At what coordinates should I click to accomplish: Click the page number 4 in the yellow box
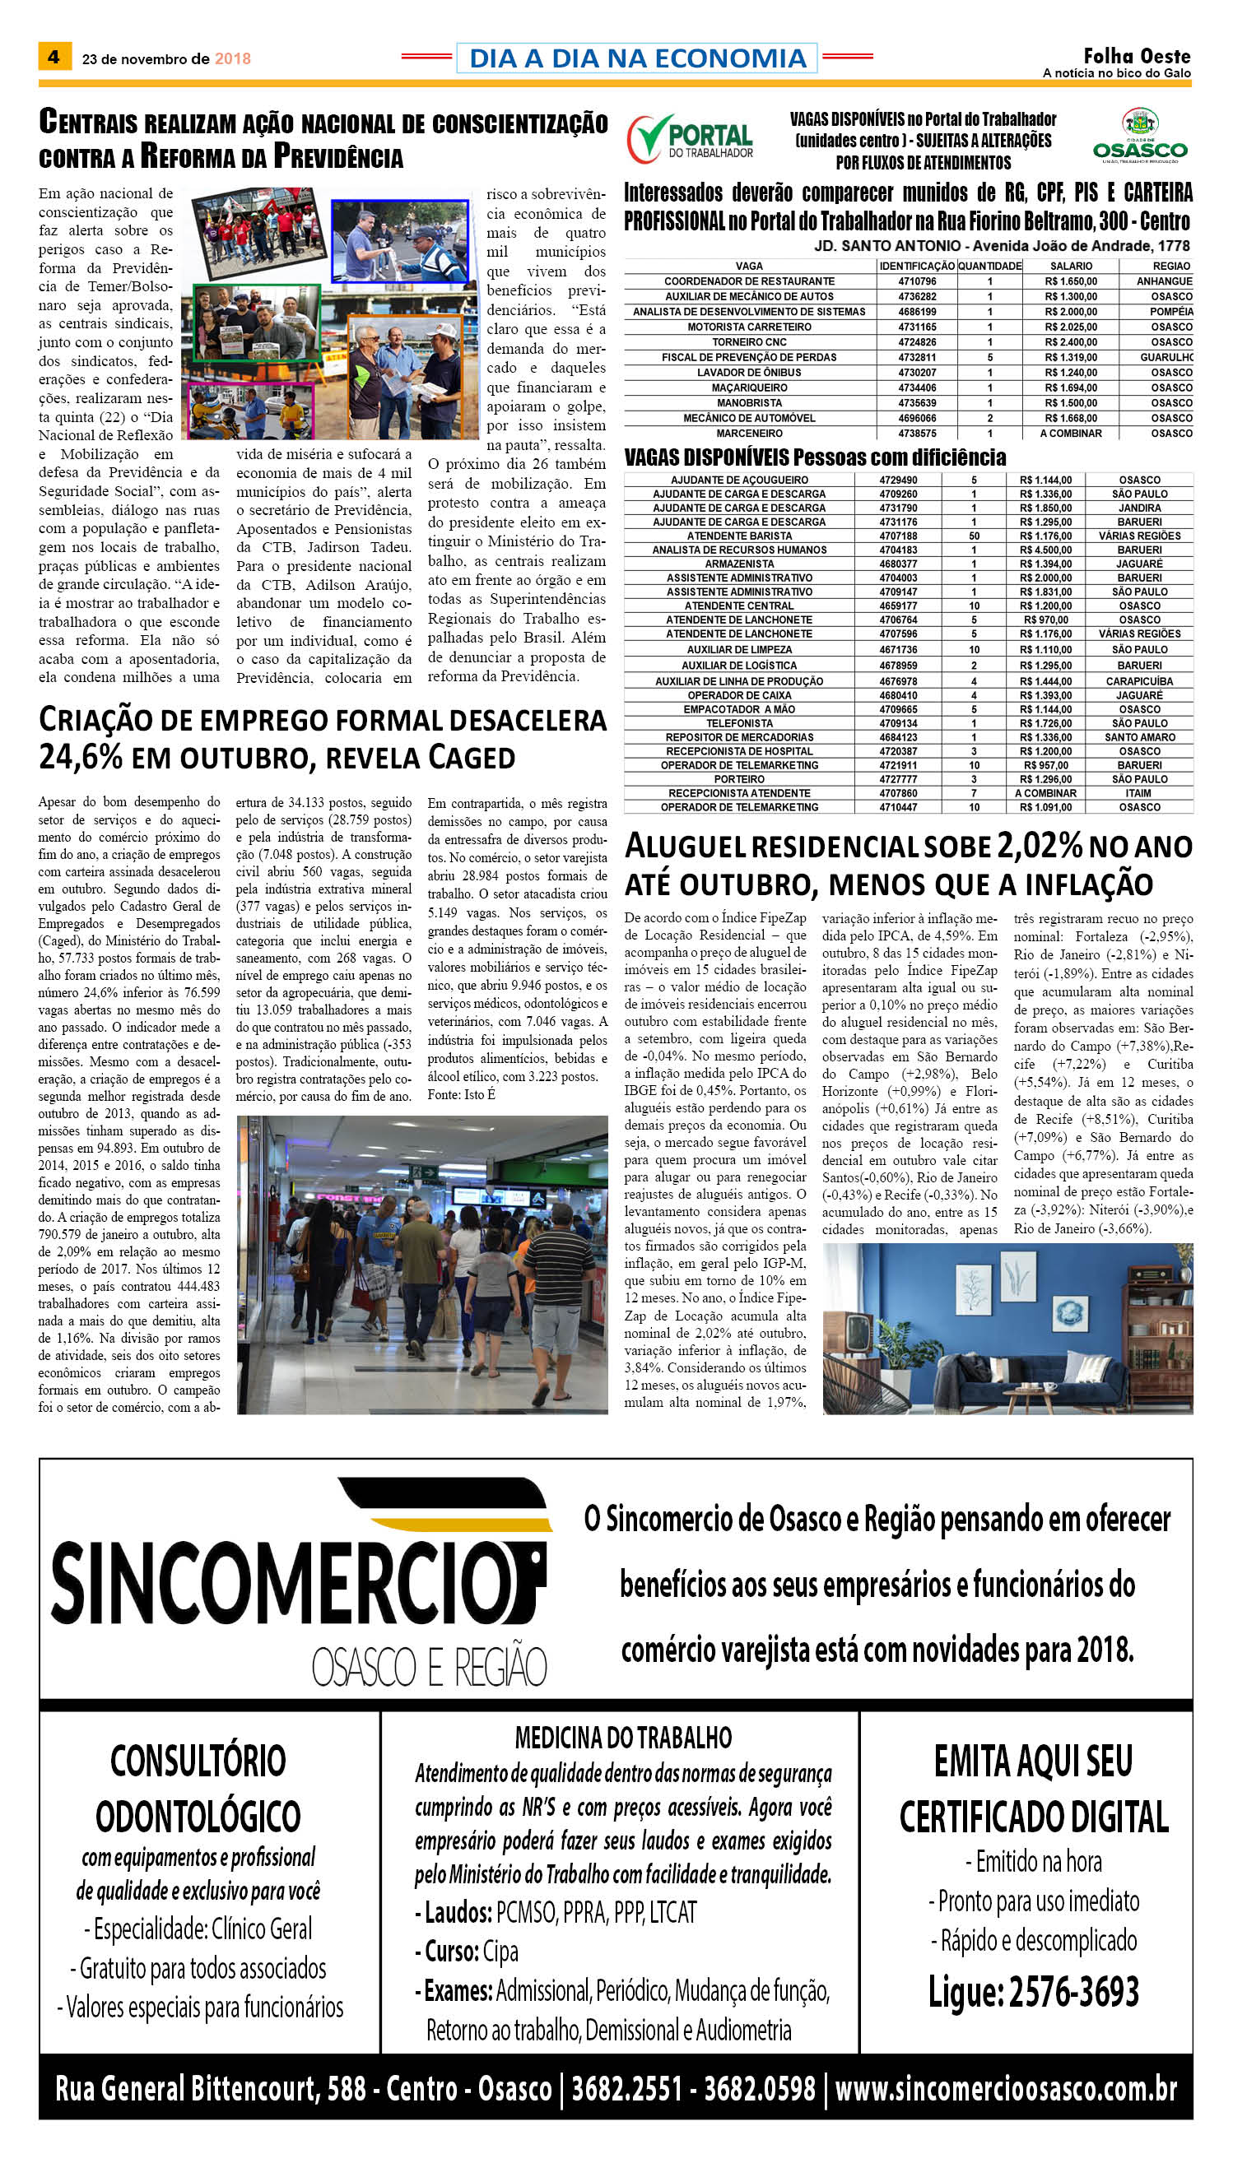pos(54,58)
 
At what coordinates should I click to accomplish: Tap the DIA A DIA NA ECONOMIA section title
pos(637,58)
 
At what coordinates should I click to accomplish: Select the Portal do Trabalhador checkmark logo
pos(650,138)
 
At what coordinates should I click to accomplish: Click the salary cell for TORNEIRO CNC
pos(1070,342)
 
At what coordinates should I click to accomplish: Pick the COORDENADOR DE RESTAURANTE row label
pos(749,281)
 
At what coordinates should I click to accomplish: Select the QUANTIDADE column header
pos(989,266)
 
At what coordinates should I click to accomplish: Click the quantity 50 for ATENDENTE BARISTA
pos(974,536)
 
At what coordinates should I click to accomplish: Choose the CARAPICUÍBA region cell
pos(1139,680)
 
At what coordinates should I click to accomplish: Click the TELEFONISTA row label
pos(738,723)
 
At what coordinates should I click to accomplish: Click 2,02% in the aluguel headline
pos(1039,846)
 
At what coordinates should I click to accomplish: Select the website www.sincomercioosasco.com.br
pos(1005,2090)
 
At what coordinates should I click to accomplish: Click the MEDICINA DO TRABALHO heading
pos(622,1737)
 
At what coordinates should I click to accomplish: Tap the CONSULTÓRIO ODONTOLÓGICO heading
pos(198,1788)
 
